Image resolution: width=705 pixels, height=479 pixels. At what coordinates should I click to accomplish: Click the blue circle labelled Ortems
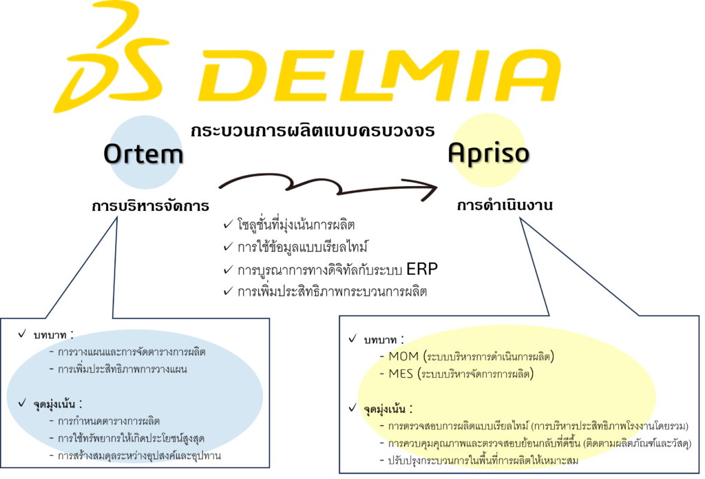click(145, 153)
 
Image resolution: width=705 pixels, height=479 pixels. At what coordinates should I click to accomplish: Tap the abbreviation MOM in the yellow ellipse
click(403, 356)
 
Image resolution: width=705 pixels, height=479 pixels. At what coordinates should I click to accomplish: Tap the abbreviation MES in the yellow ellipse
click(401, 374)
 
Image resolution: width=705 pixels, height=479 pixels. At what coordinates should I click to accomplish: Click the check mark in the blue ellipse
click(23, 402)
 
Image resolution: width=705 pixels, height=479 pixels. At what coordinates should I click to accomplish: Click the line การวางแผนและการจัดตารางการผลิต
click(131, 352)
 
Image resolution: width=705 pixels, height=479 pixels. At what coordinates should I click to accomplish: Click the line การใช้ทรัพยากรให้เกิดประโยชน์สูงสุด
click(131, 438)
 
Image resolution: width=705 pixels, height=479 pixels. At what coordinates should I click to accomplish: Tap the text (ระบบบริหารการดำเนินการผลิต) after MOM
click(489, 356)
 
